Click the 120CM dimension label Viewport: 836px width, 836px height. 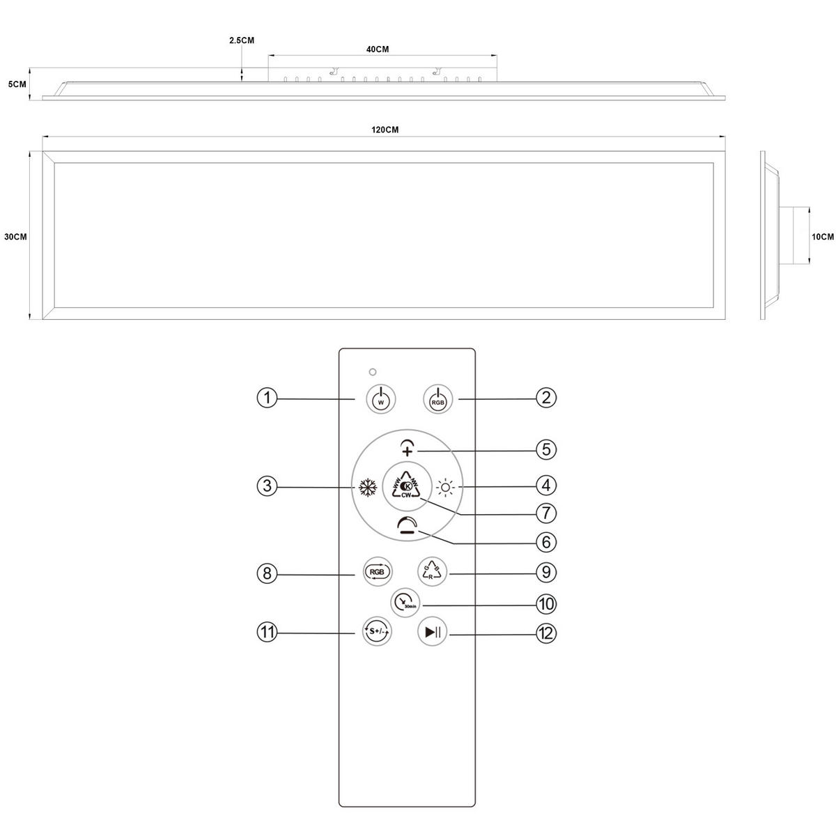coord(385,130)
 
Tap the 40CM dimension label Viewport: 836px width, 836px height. coord(377,49)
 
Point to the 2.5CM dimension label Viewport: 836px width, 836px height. coord(242,40)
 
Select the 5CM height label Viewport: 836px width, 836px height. coord(17,84)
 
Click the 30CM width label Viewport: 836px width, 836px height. coord(15,237)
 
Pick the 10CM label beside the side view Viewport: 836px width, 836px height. coord(823,237)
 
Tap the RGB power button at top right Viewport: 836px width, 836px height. coord(438,399)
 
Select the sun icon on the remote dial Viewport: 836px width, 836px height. coord(445,486)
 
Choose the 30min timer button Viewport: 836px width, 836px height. coord(404,602)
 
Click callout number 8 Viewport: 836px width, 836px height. coord(268,573)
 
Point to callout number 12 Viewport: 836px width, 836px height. coord(545,633)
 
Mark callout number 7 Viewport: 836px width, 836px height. coord(545,513)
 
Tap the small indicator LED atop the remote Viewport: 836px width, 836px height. coord(373,371)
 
